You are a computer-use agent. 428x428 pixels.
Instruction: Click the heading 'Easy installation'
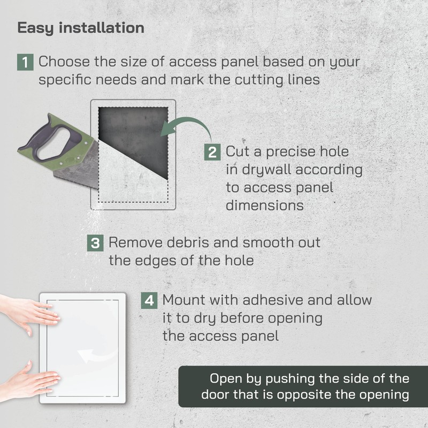(81, 28)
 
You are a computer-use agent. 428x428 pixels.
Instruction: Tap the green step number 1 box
(25, 62)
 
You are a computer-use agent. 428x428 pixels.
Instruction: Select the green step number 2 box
(212, 152)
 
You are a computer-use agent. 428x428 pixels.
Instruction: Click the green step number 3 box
(95, 243)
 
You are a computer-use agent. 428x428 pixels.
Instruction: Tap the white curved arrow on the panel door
(91, 355)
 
